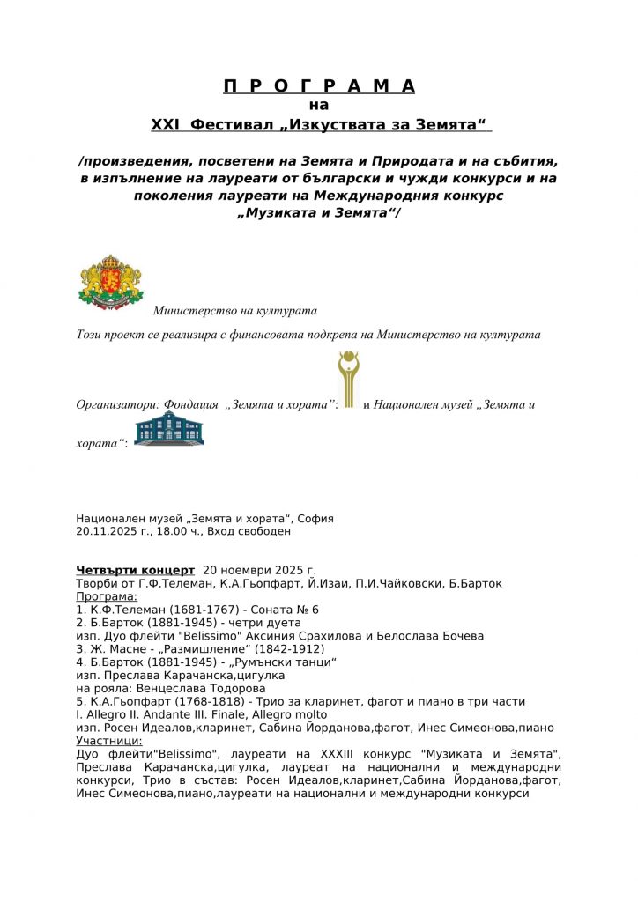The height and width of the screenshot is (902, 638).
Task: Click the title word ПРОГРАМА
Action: (318, 85)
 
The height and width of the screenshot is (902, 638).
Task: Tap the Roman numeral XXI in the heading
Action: (166, 125)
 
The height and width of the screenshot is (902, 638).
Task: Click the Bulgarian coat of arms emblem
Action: (110, 285)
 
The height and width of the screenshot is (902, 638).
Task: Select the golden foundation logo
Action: (349, 380)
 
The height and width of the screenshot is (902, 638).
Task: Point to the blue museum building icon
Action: (169, 429)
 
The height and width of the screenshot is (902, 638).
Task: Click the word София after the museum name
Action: (315, 519)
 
